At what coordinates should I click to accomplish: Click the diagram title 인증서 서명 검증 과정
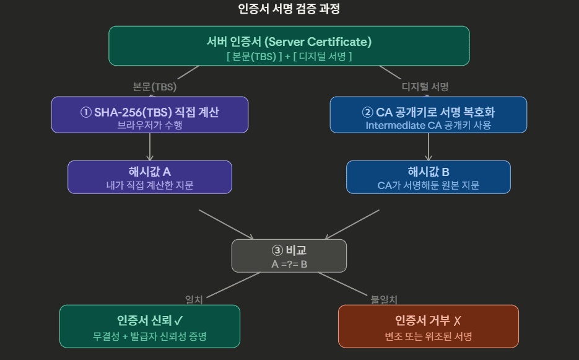[289, 9]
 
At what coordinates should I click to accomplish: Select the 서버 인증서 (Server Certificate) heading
[289, 42]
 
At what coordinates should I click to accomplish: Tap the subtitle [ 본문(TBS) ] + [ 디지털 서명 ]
[289, 56]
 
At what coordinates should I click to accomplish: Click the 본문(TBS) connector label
[155, 86]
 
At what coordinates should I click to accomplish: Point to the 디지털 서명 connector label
[425, 86]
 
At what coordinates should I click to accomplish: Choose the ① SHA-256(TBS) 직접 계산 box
[150, 114]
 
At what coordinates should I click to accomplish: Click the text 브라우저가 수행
[150, 125]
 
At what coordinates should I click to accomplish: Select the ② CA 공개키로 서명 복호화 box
[428, 114]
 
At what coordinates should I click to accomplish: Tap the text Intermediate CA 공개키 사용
[428, 125]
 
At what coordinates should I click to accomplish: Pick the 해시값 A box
[150, 177]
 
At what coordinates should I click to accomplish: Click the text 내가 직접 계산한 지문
[150, 185]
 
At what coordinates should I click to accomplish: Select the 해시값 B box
[428, 177]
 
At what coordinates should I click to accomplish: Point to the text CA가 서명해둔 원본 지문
[428, 185]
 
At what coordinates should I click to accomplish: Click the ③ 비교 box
[289, 255]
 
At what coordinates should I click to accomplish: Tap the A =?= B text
[289, 264]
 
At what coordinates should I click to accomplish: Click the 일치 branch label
[194, 299]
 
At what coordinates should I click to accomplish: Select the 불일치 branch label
[384, 299]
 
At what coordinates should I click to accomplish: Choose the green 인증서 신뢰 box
[150, 325]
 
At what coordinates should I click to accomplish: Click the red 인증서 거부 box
[428, 325]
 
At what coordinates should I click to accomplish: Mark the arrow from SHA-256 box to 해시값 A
[150, 147]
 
